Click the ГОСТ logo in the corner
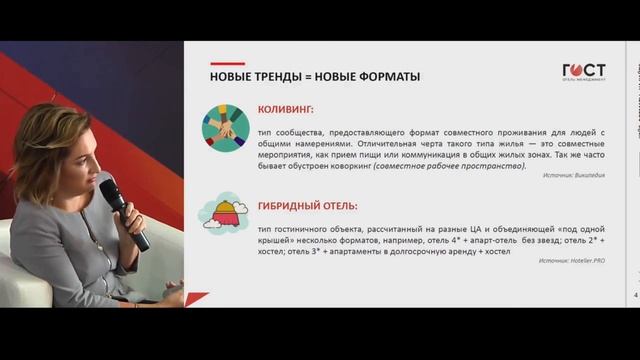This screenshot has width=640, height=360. point(584,72)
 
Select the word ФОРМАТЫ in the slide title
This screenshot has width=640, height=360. point(387,77)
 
